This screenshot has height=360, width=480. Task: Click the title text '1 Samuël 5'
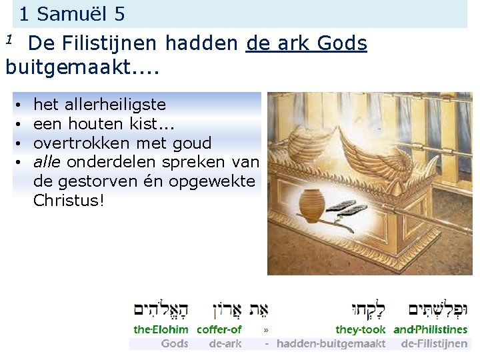(x=72, y=13)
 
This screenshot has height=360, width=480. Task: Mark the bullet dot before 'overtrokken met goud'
(x=21, y=143)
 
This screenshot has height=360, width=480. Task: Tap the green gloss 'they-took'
(x=361, y=329)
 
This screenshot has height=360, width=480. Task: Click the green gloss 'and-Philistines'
(x=431, y=329)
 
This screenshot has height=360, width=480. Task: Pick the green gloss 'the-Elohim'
(x=161, y=329)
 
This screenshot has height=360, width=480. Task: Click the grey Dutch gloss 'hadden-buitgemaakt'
(x=331, y=344)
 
